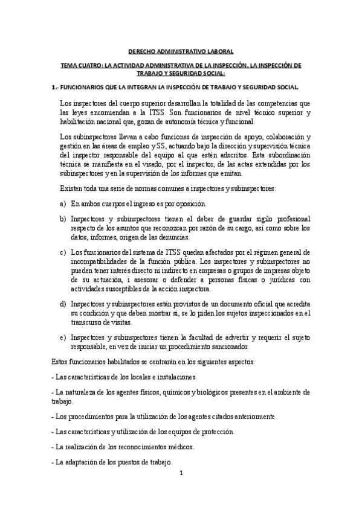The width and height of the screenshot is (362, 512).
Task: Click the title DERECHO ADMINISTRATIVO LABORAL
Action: click(182, 52)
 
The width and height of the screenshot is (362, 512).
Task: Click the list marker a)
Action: click(63, 204)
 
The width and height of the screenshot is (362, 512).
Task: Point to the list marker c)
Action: click(63, 252)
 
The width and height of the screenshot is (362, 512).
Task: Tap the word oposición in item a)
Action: click(188, 204)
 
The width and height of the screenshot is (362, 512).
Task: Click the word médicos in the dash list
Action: click(181, 447)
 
